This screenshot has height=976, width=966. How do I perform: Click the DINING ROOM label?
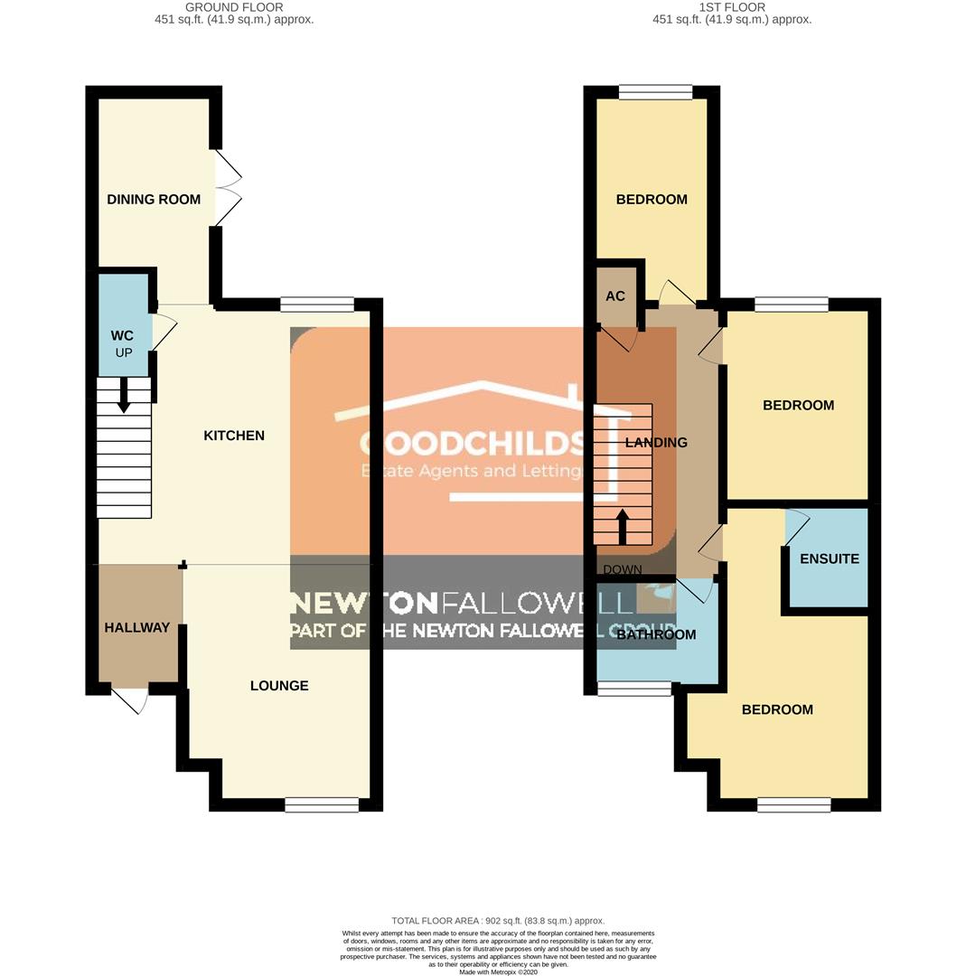click(x=154, y=200)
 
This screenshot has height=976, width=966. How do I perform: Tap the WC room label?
click(x=122, y=336)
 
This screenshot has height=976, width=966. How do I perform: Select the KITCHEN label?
click(x=234, y=436)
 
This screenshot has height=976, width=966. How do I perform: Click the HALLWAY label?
click(x=136, y=627)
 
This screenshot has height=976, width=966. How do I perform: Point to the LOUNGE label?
click(x=279, y=686)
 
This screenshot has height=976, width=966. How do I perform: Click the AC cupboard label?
click(x=615, y=296)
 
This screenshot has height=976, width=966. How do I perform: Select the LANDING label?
click(x=656, y=443)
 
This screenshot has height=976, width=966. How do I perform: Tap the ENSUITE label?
click(x=830, y=558)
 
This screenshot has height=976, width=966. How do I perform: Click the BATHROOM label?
click(x=656, y=635)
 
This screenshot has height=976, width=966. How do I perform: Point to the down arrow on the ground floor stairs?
click(x=124, y=395)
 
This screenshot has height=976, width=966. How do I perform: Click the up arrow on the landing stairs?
click(x=623, y=526)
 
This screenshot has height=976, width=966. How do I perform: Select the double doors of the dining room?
click(x=228, y=188)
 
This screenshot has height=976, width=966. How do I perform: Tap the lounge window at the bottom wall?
click(x=322, y=804)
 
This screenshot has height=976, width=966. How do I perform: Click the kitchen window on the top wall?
click(x=317, y=305)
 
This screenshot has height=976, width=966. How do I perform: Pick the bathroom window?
click(x=634, y=690)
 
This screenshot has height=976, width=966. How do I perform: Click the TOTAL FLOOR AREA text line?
click(x=498, y=921)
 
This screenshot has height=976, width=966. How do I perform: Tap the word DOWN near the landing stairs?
click(x=622, y=570)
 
